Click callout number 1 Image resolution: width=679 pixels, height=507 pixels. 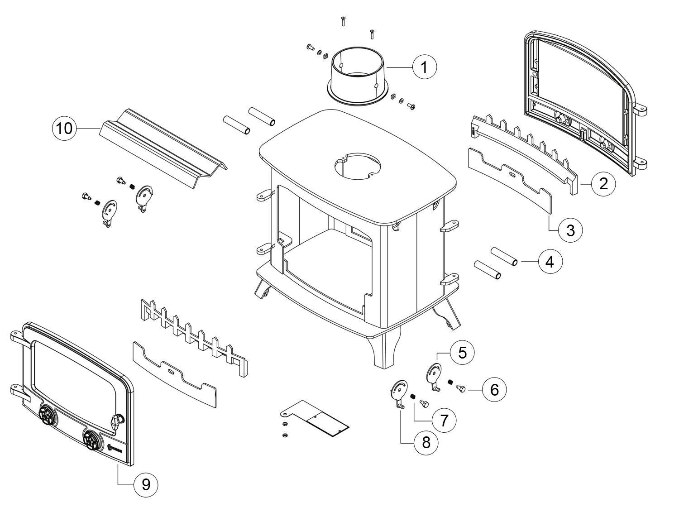425,67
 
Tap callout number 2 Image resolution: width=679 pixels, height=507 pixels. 603,184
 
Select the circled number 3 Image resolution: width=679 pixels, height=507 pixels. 570,230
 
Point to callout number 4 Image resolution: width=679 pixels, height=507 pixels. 550,262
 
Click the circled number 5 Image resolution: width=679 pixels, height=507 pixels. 462,352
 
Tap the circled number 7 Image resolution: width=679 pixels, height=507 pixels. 443,421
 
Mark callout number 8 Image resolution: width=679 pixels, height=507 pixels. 426,442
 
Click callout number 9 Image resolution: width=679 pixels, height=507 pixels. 146,485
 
